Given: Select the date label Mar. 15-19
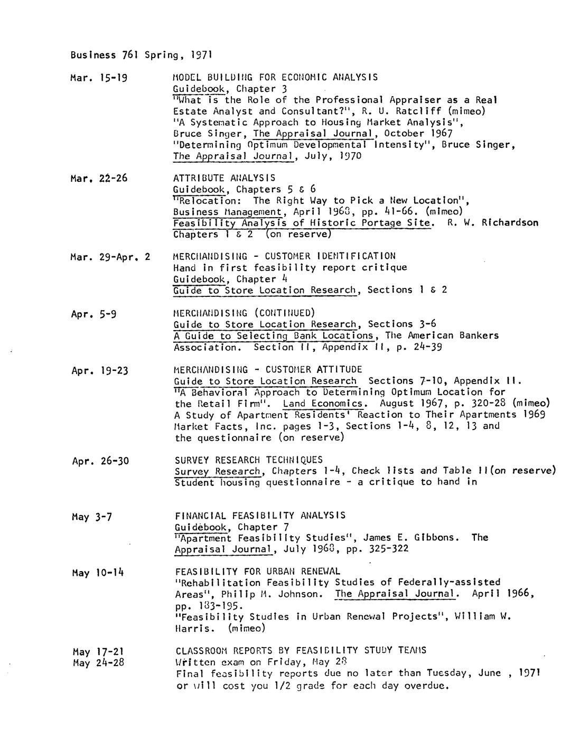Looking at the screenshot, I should tap(99, 78).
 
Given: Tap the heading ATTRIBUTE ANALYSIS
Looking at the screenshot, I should tap(224, 178).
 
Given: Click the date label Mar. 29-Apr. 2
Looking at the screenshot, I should tap(110, 257).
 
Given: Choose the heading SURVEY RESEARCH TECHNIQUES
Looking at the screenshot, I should tap(248, 460).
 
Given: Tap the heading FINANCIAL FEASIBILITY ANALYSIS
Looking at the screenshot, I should tap(260, 515).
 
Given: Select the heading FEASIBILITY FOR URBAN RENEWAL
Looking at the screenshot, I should tap(257, 571).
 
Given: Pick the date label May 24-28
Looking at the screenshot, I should tap(98, 662).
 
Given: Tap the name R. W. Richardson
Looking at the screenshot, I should tap(492, 223).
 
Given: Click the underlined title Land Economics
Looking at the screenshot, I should tap(322, 404).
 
